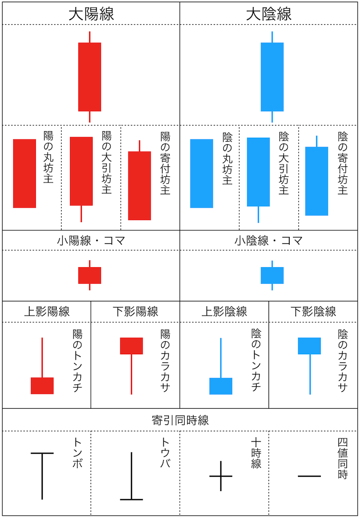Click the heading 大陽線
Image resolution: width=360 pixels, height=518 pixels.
pos(91,13)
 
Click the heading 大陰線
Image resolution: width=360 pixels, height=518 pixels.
pos(269,13)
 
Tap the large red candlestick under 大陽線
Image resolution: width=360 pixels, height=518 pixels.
pos(90,77)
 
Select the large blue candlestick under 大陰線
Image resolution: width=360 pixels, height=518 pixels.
pos(272,77)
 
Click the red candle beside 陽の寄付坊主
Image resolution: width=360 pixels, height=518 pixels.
pos(139,185)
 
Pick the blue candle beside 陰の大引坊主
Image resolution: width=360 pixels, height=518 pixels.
pos(258,172)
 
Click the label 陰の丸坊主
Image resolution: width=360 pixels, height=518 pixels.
pos(227,159)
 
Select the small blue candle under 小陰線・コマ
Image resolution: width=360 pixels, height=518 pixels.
pos(272,275)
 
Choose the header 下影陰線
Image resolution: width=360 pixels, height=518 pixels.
pos(313,311)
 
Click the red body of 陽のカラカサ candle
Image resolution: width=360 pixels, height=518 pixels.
pos(131,346)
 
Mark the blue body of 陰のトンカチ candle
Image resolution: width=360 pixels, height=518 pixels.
pos(221,386)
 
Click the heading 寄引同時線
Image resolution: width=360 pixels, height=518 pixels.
pos(180,420)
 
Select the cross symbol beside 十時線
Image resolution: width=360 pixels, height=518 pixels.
pos(221,476)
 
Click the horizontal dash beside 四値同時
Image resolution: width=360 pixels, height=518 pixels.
pos(310,476)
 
